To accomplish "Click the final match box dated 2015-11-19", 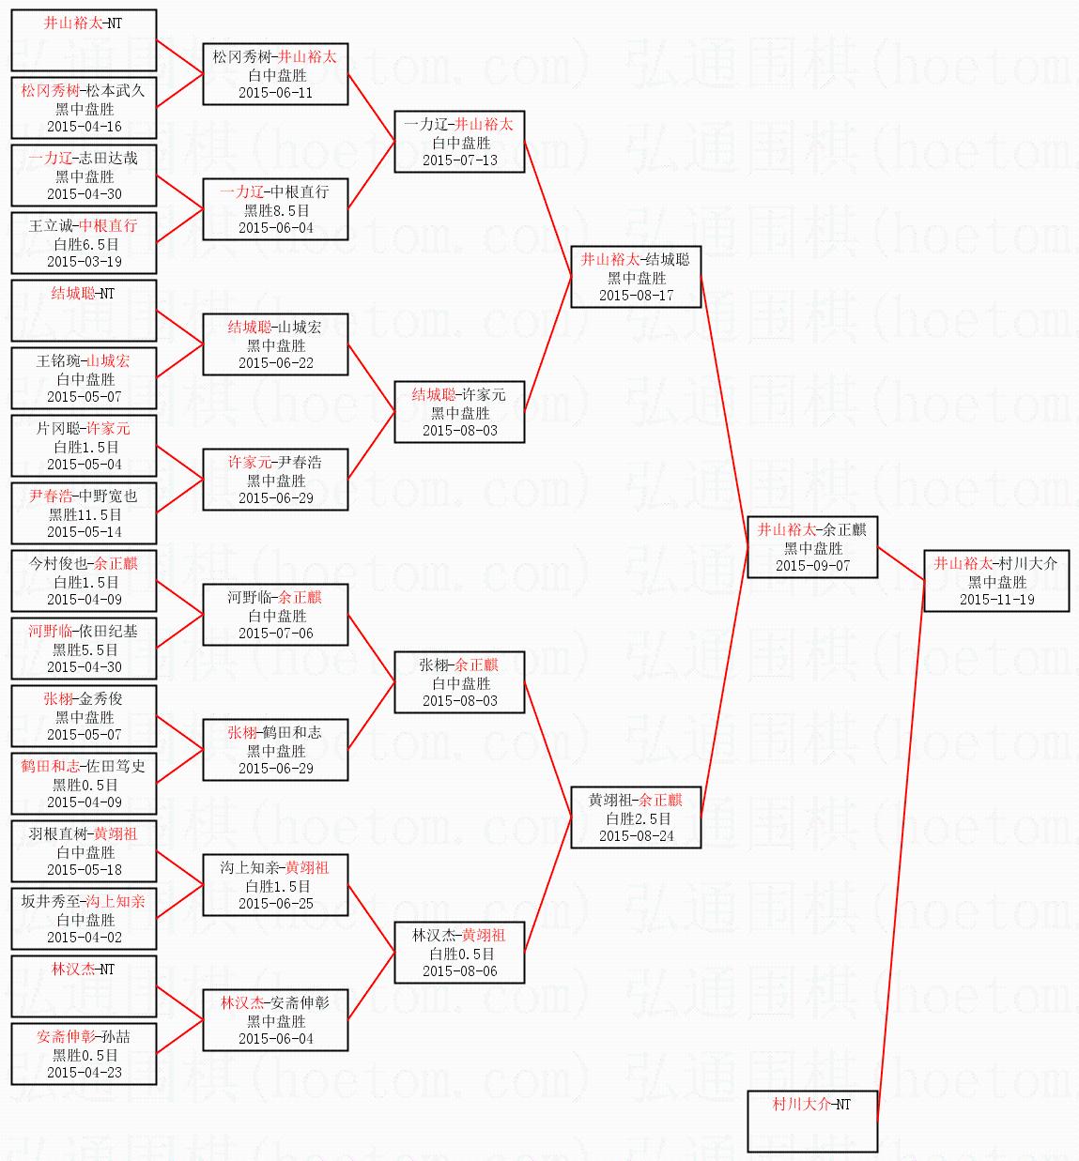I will (996, 581).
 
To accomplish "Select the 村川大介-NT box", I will (812, 1121).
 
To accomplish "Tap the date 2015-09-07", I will (812, 566).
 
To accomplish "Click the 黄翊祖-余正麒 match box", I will (636, 817).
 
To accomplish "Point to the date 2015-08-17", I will (636, 296).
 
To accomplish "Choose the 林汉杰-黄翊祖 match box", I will (459, 953).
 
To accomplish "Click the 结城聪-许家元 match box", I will (459, 412).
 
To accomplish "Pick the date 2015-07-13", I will (459, 160).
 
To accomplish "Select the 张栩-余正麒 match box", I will (459, 682).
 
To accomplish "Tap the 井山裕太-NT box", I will (84, 40).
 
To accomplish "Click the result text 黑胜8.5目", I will (276, 210).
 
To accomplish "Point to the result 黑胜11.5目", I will (85, 514).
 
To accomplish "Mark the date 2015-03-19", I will (85, 262).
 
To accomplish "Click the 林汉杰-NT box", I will (84, 986).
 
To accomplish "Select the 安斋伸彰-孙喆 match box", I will (84, 1054).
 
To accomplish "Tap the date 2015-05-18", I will (85, 870).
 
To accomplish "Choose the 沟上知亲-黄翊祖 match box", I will (275, 885).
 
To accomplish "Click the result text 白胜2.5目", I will (637, 818).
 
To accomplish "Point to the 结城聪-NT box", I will (84, 311).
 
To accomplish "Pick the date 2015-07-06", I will (276, 634).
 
